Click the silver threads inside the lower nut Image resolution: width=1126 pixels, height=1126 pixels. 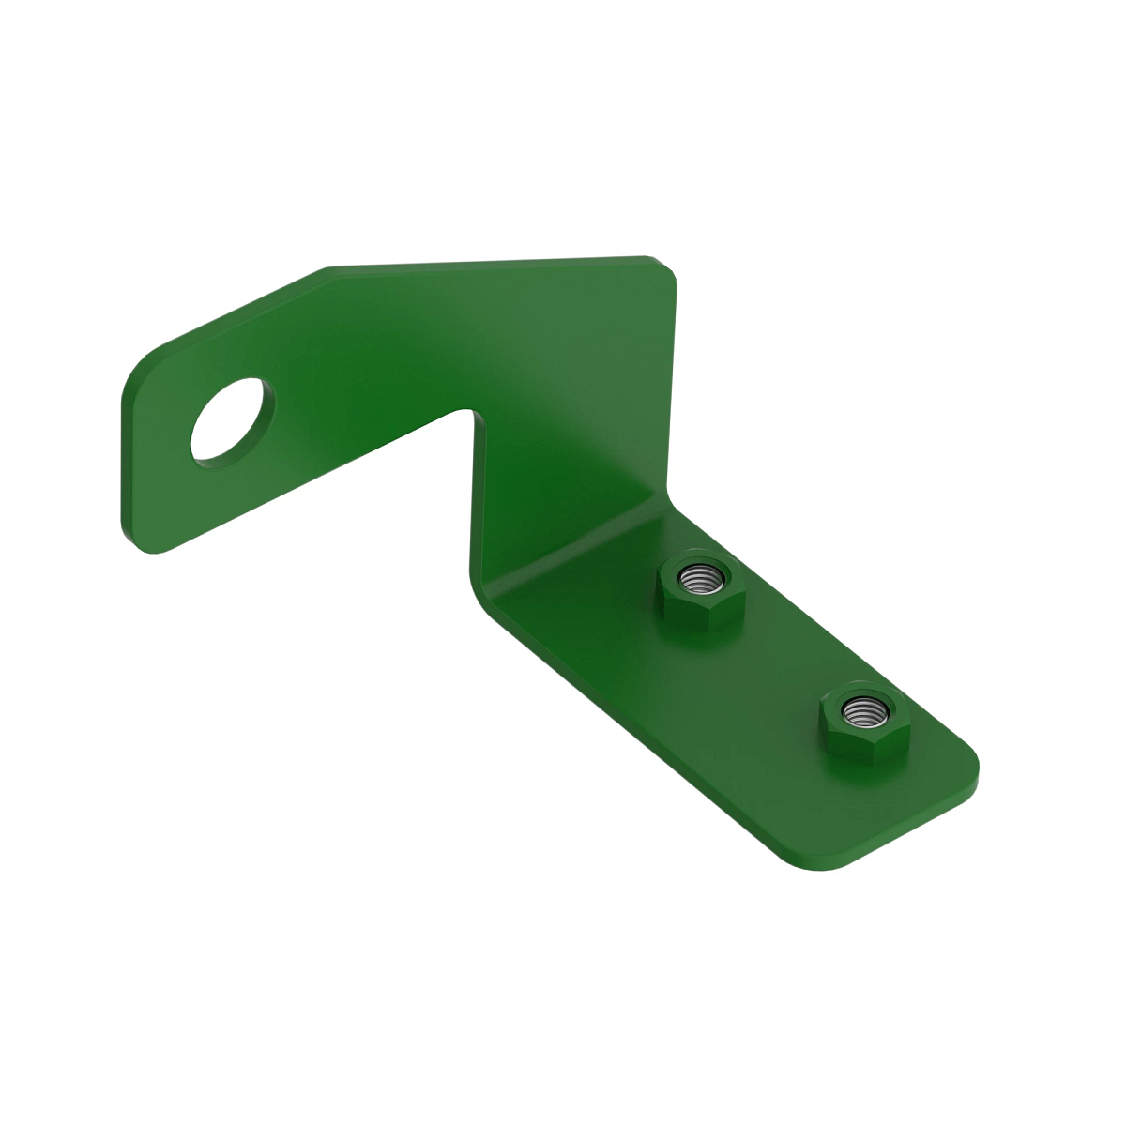click(x=859, y=710)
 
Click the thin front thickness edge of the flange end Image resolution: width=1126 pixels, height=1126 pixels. click(x=901, y=826)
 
